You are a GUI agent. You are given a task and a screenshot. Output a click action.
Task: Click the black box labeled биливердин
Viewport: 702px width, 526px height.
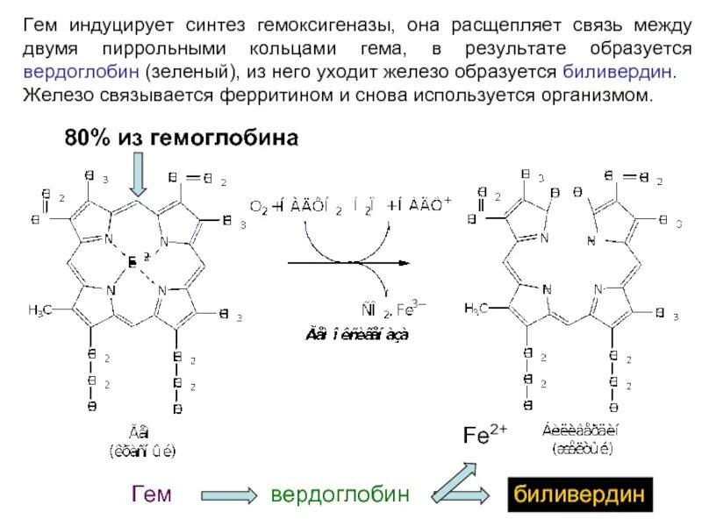578,495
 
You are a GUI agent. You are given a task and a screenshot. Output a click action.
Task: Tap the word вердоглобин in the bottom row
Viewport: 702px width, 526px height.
340,495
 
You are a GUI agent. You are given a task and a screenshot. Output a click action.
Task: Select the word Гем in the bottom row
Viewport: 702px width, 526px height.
151,495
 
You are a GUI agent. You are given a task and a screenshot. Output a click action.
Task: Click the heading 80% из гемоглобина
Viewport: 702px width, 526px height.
181,138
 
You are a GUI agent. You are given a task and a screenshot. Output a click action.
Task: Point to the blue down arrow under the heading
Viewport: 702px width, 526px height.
138,174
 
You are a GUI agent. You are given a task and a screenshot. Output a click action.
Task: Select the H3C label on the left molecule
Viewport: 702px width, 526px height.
42,310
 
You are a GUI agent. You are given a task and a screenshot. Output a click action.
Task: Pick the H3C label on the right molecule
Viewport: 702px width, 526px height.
476,308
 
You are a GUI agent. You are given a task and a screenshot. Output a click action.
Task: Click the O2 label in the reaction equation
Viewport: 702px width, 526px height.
259,207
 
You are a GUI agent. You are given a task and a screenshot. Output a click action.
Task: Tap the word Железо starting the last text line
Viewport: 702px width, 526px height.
53,94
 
